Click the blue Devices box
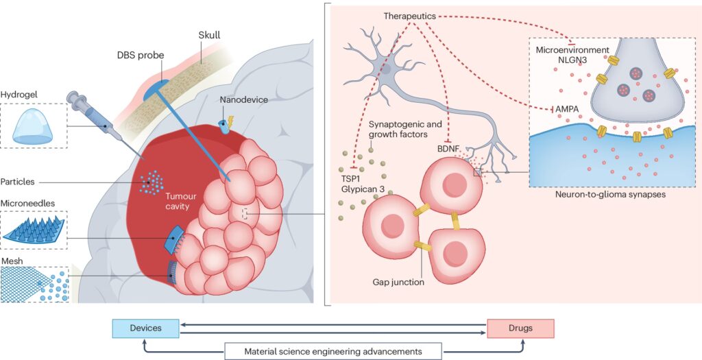(145, 328)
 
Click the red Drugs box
(520, 328)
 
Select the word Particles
(19, 182)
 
